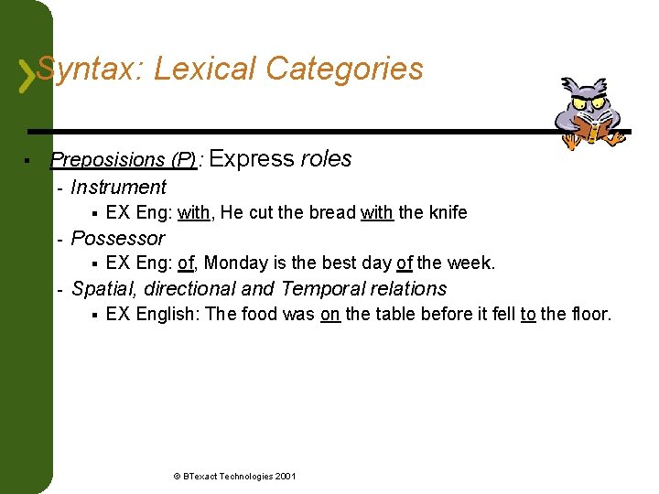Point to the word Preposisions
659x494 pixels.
[107, 160]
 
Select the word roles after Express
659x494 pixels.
[326, 159]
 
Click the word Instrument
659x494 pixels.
[118, 188]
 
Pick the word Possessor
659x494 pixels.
[117, 239]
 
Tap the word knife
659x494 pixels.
[447, 213]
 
